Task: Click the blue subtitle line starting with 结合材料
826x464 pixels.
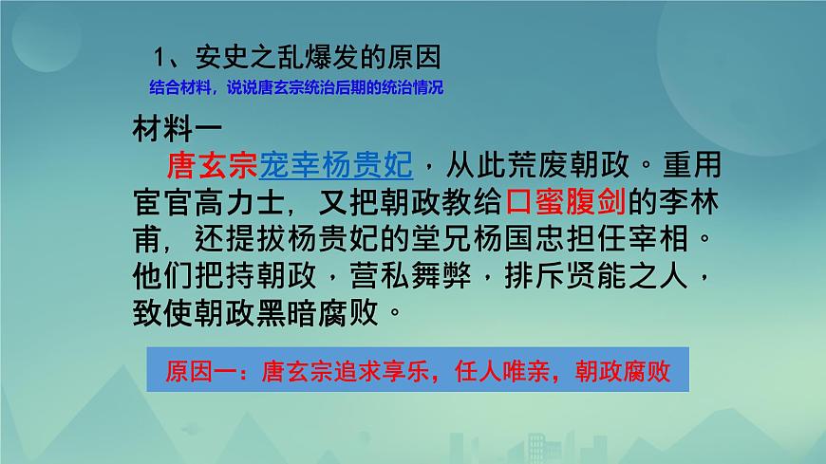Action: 296,88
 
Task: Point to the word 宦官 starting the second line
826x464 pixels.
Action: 160,201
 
